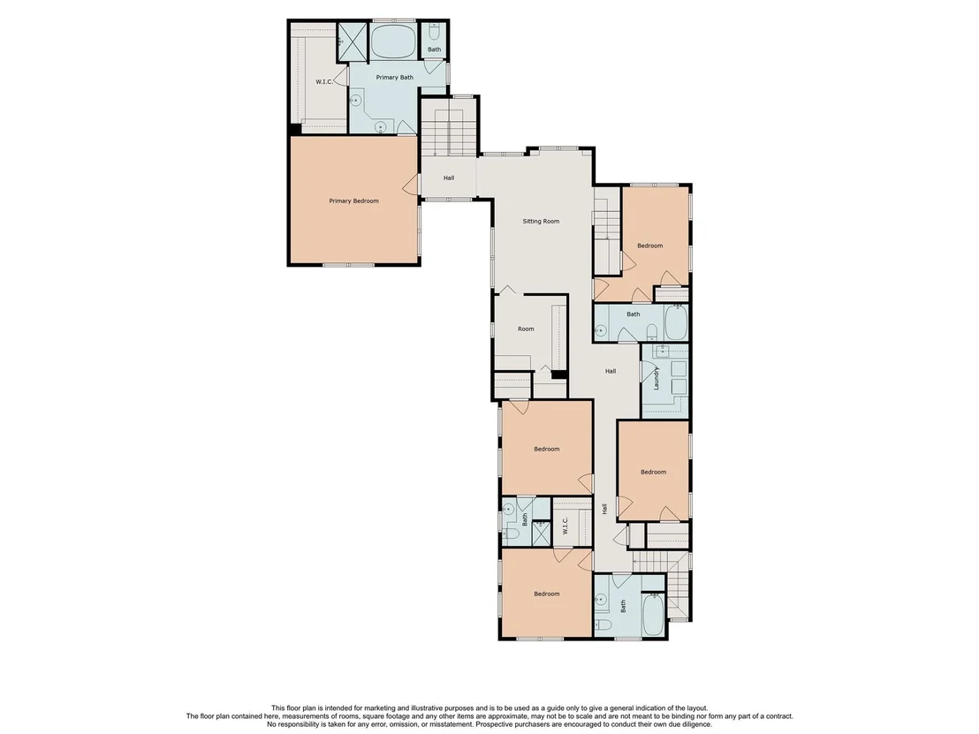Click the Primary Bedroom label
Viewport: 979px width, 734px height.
(x=353, y=201)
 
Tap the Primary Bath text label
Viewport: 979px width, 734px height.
(x=395, y=78)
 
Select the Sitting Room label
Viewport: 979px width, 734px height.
(x=541, y=221)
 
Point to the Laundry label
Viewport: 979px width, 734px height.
(x=656, y=378)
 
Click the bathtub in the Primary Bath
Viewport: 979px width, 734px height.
(x=393, y=42)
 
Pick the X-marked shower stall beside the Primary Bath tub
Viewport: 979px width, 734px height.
(x=353, y=42)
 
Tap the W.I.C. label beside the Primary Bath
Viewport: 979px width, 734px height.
(x=324, y=82)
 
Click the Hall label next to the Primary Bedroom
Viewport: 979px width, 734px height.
(x=449, y=178)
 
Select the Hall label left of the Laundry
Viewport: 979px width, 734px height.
(x=611, y=371)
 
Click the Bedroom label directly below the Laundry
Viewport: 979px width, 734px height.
(x=653, y=472)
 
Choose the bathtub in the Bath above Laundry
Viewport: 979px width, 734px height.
(x=676, y=322)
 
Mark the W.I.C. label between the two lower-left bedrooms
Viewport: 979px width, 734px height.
(x=565, y=525)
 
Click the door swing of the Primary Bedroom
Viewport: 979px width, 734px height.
(x=411, y=184)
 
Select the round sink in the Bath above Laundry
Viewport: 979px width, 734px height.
(x=601, y=330)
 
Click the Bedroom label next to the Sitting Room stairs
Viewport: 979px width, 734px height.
(x=650, y=246)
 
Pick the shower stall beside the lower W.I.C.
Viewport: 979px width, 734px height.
(x=542, y=533)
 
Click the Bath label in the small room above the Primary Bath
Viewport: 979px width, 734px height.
(x=435, y=49)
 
